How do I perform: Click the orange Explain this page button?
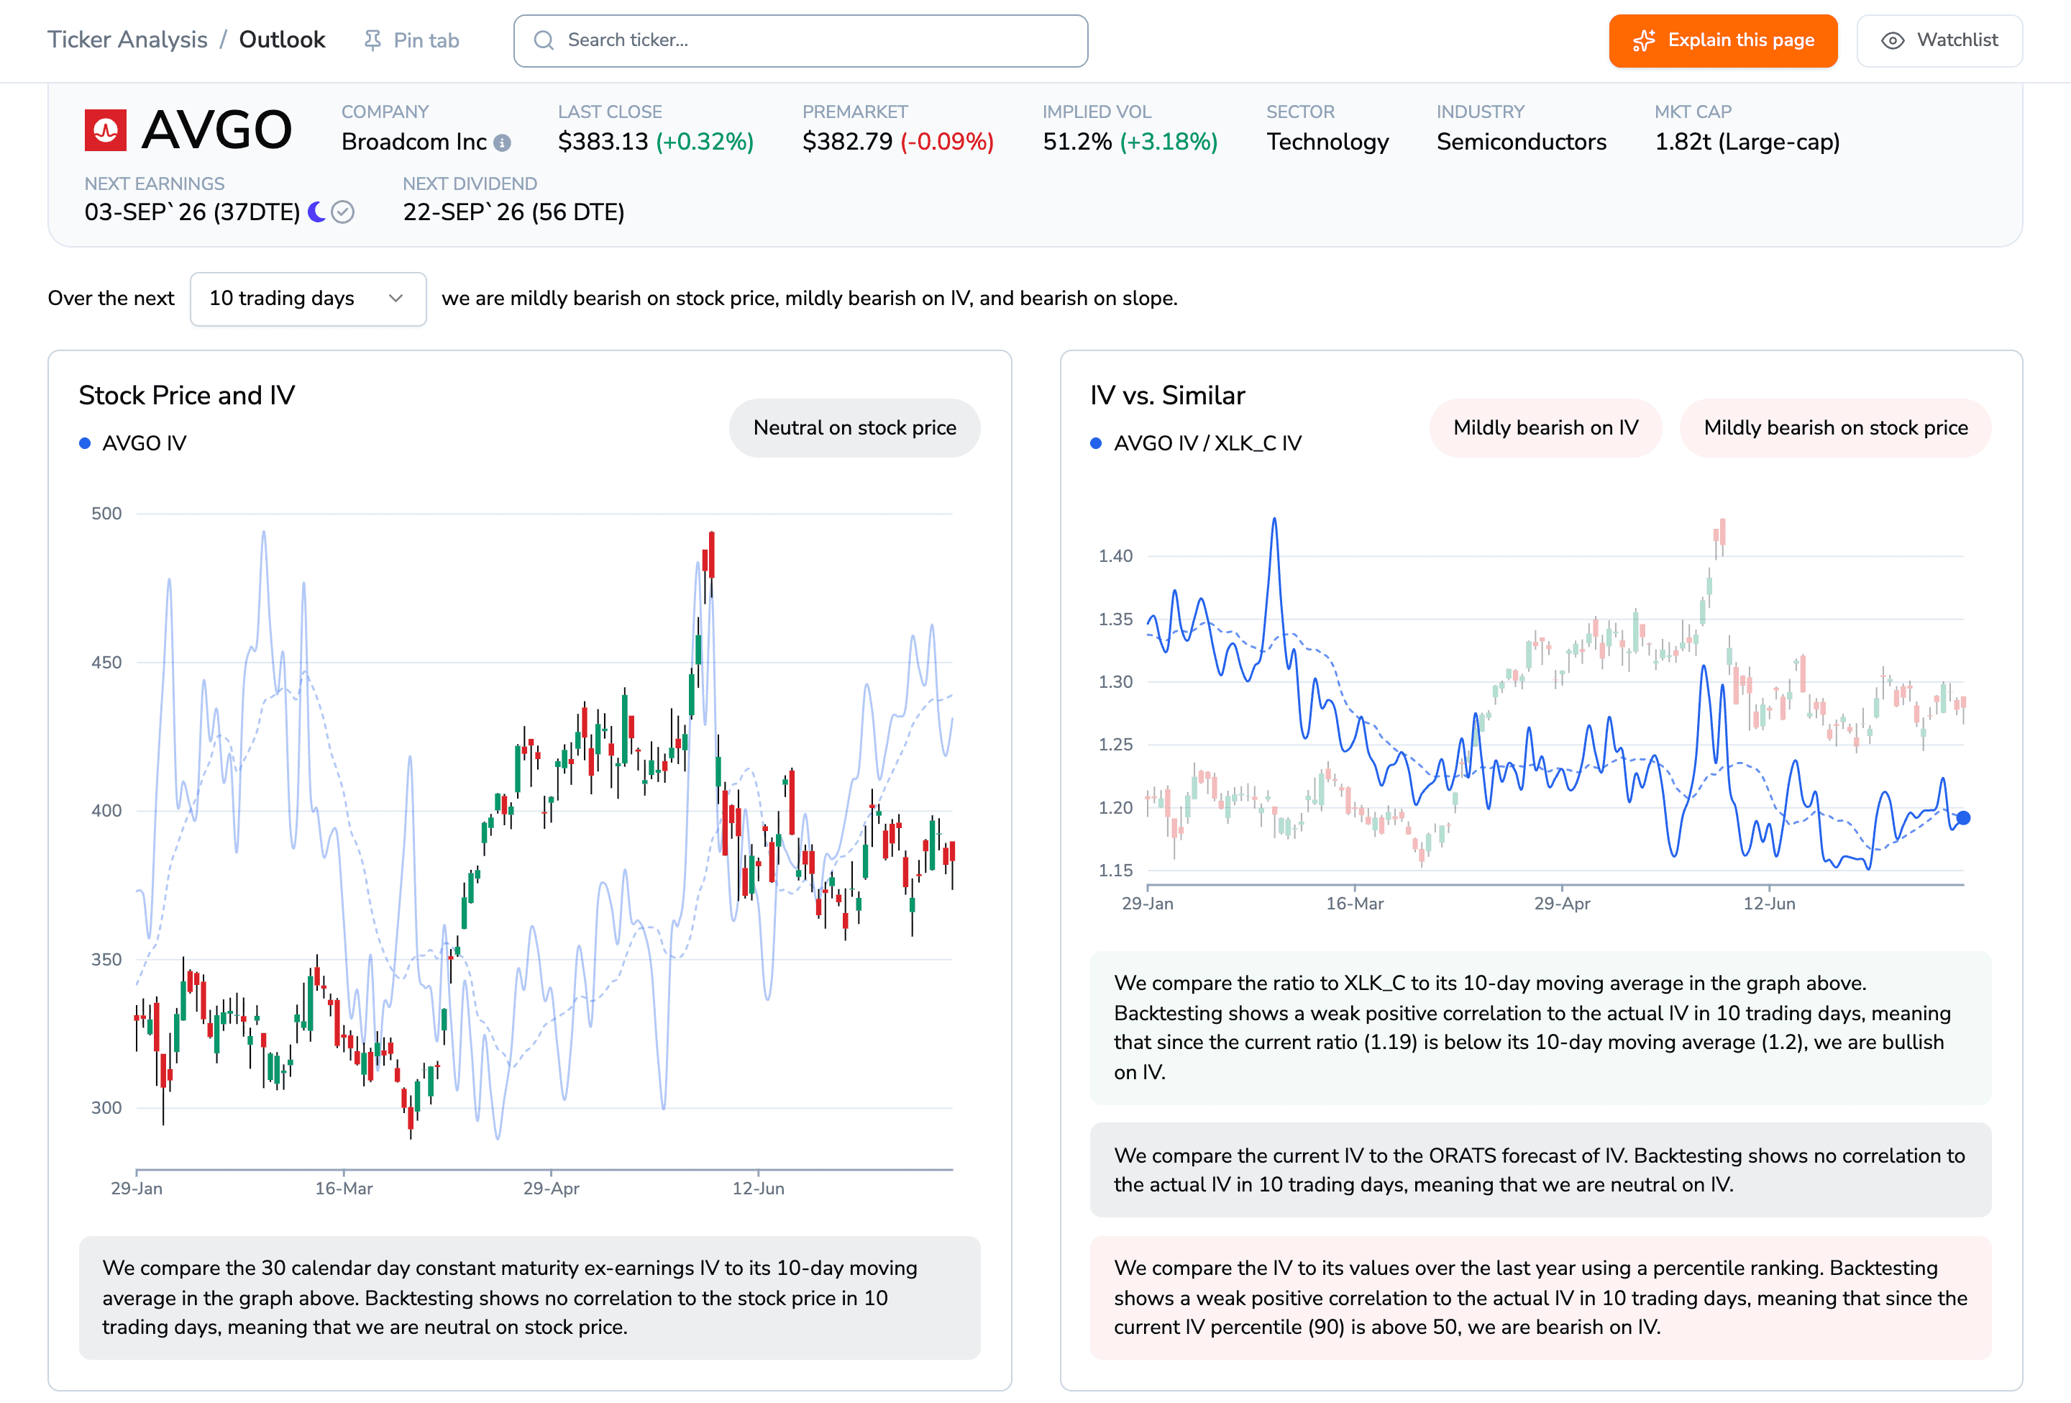(x=1722, y=40)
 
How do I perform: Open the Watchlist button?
(x=1939, y=40)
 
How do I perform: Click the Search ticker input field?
(x=800, y=40)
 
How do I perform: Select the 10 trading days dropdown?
(x=308, y=299)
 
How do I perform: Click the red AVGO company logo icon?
(x=105, y=130)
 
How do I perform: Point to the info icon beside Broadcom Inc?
(x=503, y=142)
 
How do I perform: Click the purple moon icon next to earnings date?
(x=316, y=212)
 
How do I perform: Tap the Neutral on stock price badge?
(x=854, y=428)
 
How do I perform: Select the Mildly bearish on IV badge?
(x=1545, y=428)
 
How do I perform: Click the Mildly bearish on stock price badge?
(x=1836, y=428)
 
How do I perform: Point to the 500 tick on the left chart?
(x=107, y=514)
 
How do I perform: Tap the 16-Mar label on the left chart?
(x=344, y=1188)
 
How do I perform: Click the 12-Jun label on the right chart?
(x=1769, y=903)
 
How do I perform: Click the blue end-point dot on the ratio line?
(x=1963, y=817)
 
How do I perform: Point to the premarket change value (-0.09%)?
(x=946, y=142)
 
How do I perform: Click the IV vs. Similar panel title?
(x=1167, y=395)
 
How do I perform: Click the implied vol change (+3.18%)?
(x=1169, y=142)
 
